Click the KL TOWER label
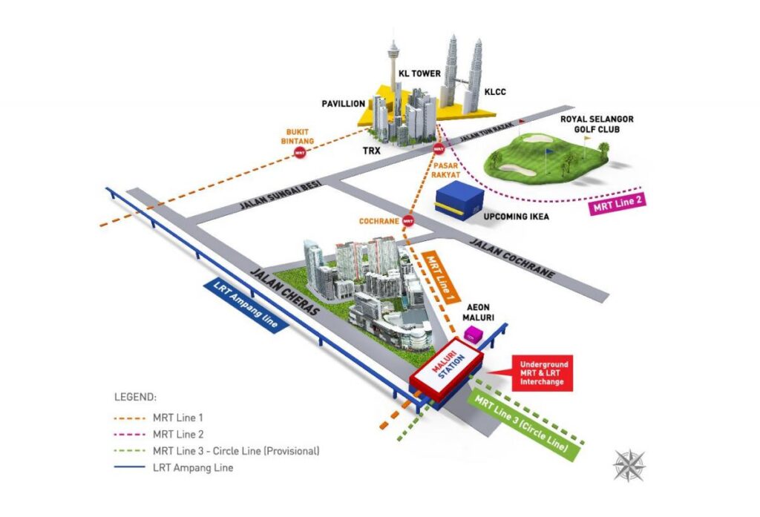(x=420, y=73)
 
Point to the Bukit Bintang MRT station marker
(x=300, y=152)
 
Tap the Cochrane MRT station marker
(x=407, y=220)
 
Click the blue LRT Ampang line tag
(x=246, y=305)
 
